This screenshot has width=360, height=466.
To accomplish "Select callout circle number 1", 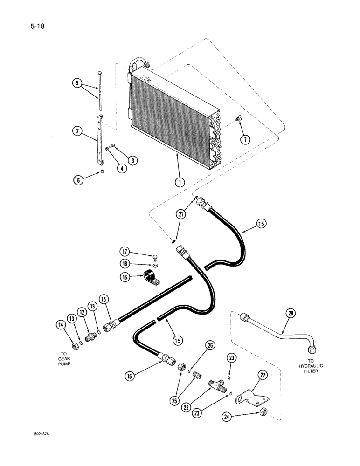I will (178, 182).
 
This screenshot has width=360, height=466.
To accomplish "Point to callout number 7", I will (243, 139).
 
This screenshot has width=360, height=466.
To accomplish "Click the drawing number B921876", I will (41, 433).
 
